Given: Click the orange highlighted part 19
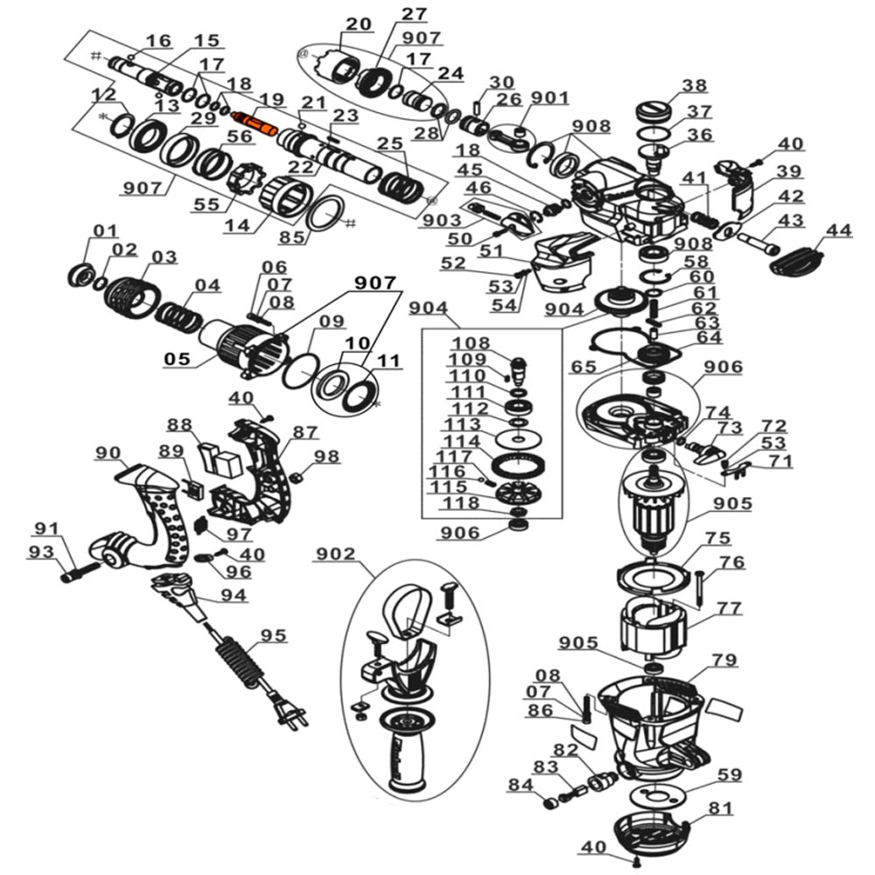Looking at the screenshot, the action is point(255,124).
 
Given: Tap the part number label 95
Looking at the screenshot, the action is point(273,635).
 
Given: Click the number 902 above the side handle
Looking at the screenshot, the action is point(336,554).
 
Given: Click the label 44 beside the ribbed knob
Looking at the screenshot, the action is point(839,230).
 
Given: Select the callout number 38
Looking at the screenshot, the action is point(695,86).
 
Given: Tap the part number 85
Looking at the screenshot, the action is point(292,236).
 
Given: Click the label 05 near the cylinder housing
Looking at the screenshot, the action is point(177,358).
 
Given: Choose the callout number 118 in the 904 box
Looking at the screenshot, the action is point(461,503).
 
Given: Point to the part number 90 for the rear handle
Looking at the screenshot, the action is point(108,452).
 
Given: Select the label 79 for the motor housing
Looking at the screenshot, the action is point(724,660).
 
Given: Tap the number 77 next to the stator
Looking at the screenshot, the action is point(729,607).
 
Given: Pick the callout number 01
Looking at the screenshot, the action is point(106,230).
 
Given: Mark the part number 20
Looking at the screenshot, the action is point(358,24).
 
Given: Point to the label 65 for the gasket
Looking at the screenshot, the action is point(584,367).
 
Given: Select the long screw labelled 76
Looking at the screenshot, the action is point(698,590).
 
